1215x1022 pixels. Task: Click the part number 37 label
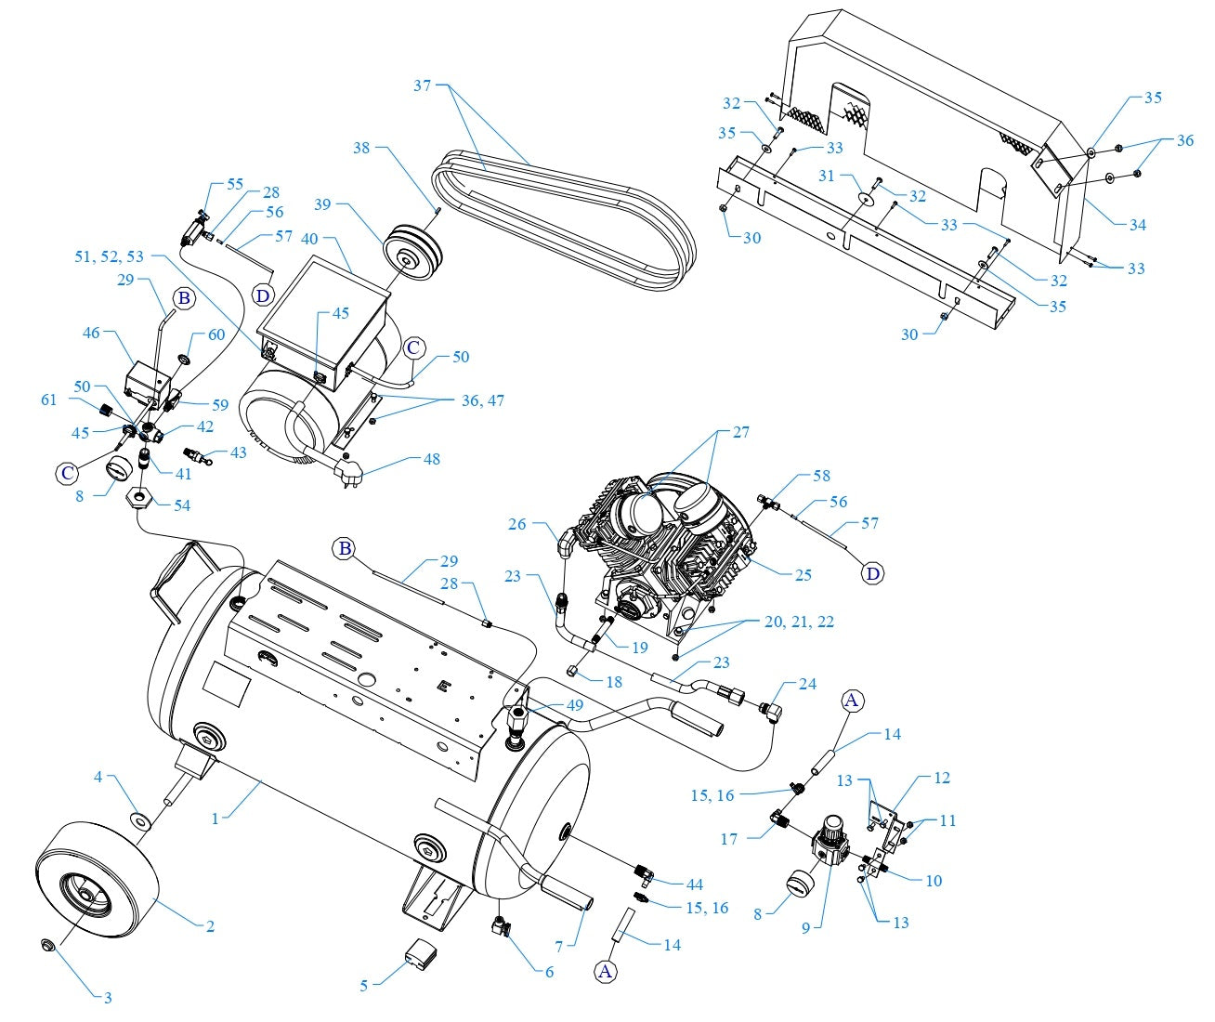[423, 85]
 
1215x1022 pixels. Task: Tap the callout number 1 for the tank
[215, 819]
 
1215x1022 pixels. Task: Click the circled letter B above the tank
[346, 549]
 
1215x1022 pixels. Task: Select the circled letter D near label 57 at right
[872, 574]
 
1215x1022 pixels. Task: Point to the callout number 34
[1137, 225]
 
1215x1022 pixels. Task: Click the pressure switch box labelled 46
[146, 378]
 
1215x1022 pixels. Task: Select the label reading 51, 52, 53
[110, 256]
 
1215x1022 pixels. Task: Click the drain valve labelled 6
[503, 926]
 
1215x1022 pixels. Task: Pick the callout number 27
[740, 432]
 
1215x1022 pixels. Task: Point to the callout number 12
[942, 778]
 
